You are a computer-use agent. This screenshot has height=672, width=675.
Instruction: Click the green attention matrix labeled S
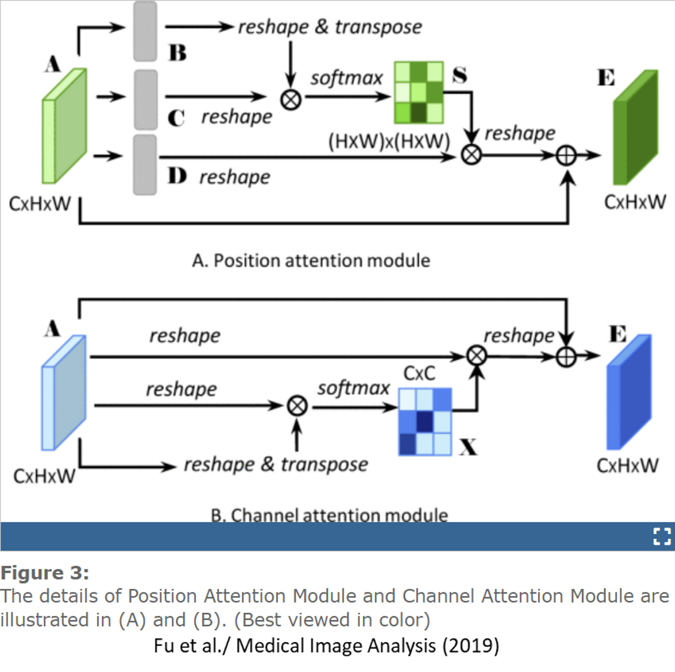click(419, 93)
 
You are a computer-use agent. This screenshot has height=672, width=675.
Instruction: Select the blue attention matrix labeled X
click(425, 422)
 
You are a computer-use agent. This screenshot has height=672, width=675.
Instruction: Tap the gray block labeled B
click(145, 31)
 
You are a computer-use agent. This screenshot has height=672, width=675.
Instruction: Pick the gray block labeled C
click(145, 100)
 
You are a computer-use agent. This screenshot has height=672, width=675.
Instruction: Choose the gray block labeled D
click(145, 165)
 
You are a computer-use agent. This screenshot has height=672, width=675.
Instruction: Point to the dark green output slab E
click(636, 127)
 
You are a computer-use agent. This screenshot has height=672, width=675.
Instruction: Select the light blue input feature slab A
click(64, 393)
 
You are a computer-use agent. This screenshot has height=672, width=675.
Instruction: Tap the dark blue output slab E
click(629, 392)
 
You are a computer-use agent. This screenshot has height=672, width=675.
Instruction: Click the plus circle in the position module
click(566, 156)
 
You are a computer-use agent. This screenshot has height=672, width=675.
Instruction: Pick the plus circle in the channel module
click(566, 357)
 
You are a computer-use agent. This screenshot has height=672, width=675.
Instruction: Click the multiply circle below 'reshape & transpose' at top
click(291, 100)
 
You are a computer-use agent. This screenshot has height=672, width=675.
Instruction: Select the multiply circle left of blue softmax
click(297, 406)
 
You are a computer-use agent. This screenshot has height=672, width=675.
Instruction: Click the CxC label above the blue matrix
click(419, 374)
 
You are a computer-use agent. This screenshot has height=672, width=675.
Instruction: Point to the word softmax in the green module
click(346, 78)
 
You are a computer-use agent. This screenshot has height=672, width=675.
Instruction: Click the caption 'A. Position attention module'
click(311, 260)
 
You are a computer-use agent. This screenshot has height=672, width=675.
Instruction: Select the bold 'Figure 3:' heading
click(45, 573)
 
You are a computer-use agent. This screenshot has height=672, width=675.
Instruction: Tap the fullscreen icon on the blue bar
click(661, 536)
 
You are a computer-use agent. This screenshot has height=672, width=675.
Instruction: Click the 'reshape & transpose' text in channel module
click(276, 464)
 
